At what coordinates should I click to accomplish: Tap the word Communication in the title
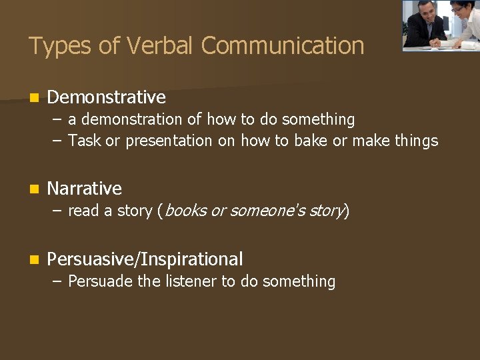tap(283, 46)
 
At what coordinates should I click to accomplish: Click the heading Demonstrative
tap(107, 97)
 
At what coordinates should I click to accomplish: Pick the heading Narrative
tap(85, 189)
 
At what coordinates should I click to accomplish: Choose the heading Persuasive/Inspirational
tap(145, 259)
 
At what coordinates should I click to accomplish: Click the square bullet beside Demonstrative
tap(34, 98)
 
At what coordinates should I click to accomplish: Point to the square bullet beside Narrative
tap(34, 189)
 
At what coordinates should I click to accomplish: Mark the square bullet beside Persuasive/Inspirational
tap(34, 260)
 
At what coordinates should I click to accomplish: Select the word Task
tap(84, 141)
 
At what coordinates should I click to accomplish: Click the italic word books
tap(185, 211)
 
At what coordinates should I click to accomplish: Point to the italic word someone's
tap(263, 211)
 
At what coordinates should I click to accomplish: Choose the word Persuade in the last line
tap(100, 281)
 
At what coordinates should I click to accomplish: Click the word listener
tap(191, 281)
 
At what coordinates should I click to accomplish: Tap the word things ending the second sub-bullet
tap(416, 141)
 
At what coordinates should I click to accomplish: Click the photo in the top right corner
tap(440, 25)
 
